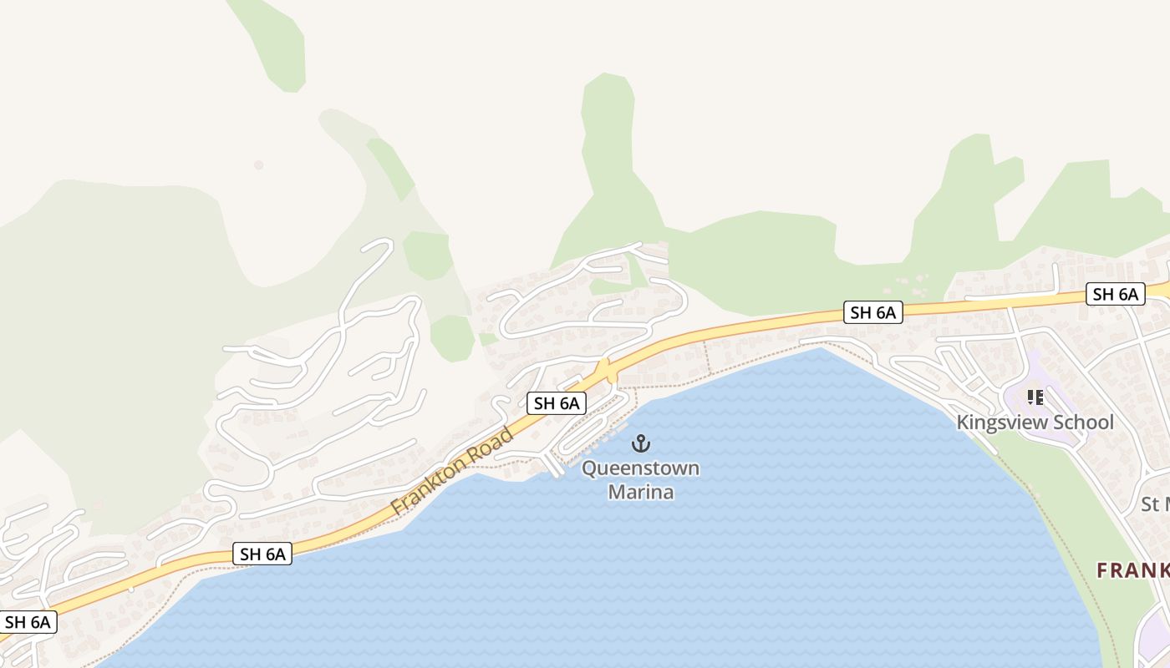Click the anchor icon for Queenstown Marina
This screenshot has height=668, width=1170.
(641, 443)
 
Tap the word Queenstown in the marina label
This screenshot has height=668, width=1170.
(641, 468)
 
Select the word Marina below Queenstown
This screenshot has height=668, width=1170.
(641, 492)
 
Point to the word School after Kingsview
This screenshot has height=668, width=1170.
(1084, 423)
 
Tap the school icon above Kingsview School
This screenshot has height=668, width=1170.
(1035, 398)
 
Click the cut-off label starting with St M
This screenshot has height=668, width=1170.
(1155, 504)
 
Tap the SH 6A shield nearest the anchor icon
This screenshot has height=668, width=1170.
(557, 403)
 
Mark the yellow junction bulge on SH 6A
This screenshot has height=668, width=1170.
(608, 370)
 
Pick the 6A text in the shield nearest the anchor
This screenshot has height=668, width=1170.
(567, 403)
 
